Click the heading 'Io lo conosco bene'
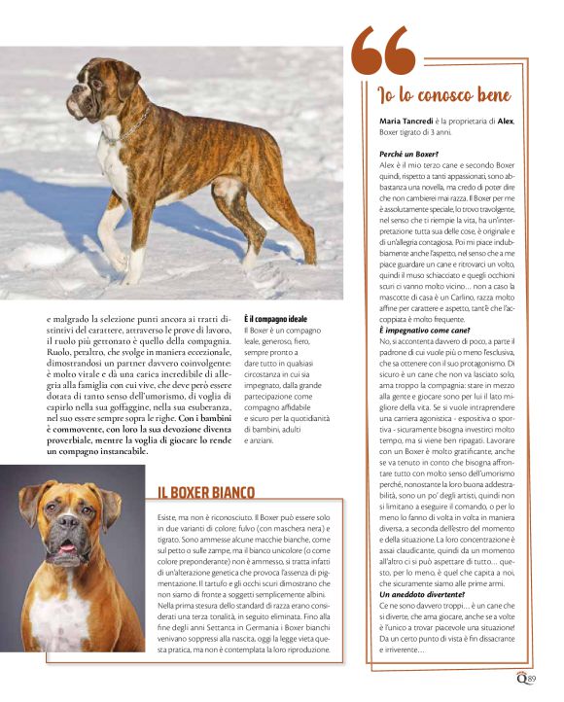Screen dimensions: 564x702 pos(443,95)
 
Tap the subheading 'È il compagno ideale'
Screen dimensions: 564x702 pos(276,319)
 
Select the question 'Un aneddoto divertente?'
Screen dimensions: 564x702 pos(421,592)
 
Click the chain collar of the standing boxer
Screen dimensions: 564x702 pos(137,125)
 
